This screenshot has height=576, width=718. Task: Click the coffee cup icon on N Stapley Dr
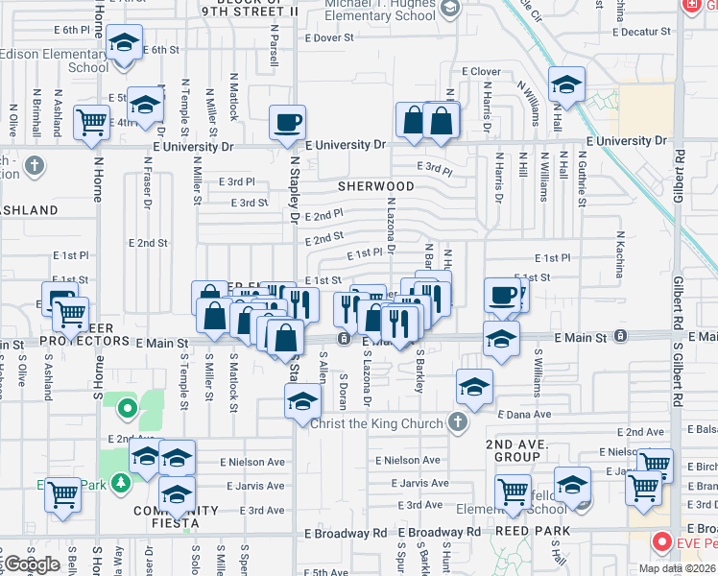pos(288,122)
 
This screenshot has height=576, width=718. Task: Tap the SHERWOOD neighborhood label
pos(375,186)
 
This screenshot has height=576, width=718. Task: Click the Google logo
pos(32,564)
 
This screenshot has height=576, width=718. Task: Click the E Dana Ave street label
pos(524,414)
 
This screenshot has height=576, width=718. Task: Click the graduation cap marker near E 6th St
pos(123,43)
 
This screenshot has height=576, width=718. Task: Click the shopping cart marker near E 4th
pos(91,123)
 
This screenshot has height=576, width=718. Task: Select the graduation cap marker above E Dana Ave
pos(474,386)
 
